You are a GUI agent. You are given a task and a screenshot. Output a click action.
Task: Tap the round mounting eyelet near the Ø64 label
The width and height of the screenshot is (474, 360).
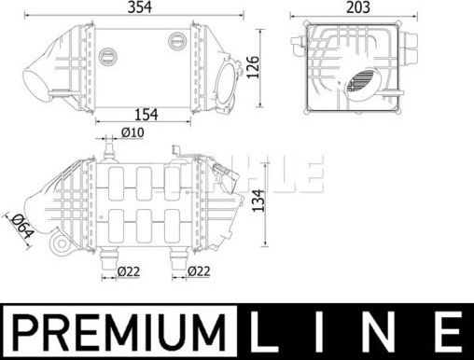tap(60, 245)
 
